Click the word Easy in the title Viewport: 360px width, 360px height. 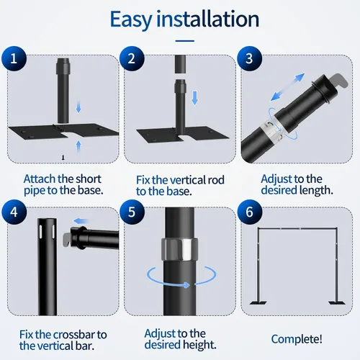(x=131, y=20)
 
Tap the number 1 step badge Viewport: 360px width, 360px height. (x=14, y=58)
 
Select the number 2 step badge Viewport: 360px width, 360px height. (x=132, y=58)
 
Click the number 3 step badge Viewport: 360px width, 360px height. (x=250, y=58)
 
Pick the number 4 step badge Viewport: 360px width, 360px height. (x=14, y=212)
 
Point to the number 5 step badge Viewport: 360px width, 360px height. (x=132, y=212)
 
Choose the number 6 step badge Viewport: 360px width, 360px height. (x=250, y=212)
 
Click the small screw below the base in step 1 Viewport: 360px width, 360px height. (x=63, y=158)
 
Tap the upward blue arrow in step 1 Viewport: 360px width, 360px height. (x=78, y=146)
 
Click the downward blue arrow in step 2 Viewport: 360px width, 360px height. (x=195, y=98)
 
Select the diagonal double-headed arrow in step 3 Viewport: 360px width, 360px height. (x=287, y=87)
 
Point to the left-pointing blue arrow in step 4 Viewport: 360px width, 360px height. (x=81, y=221)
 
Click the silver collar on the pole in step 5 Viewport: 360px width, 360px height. (x=179, y=249)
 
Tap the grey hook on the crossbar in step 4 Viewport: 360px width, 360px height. (x=67, y=239)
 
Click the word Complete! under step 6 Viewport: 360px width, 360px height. (x=297, y=339)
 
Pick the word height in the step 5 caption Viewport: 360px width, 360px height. (x=199, y=345)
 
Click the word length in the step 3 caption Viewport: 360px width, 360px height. (x=316, y=190)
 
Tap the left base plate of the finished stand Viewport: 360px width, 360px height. (x=258, y=302)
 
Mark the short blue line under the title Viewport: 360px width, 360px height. (x=184, y=41)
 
